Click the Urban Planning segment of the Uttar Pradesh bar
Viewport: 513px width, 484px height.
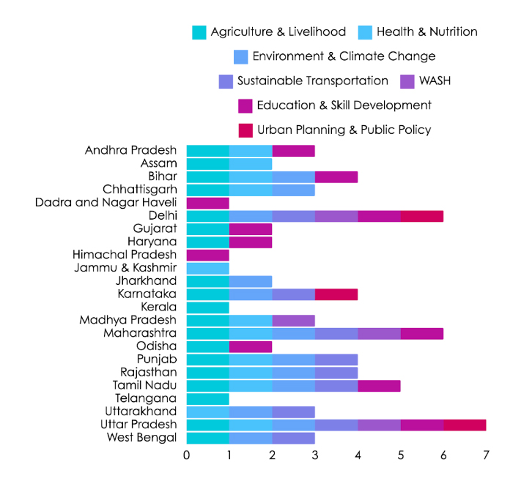465,425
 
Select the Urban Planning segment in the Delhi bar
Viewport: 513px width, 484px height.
422,216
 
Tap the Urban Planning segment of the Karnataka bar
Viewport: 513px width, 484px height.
336,294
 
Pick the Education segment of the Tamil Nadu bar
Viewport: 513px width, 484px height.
379,385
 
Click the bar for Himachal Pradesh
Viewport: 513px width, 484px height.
208,255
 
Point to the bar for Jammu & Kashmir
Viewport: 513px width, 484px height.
208,268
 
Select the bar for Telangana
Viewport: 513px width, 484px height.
208,398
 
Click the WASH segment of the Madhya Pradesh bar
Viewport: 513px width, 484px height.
294,320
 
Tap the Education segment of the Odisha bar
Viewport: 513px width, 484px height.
251,346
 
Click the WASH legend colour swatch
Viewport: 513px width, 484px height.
407,81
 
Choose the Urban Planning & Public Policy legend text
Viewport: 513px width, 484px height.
344,130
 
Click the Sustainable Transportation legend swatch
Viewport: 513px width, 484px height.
226,81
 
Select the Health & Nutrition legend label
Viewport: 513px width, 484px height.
427,31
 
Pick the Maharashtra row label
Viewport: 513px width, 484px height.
140,333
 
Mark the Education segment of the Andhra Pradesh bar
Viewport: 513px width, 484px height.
294,151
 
